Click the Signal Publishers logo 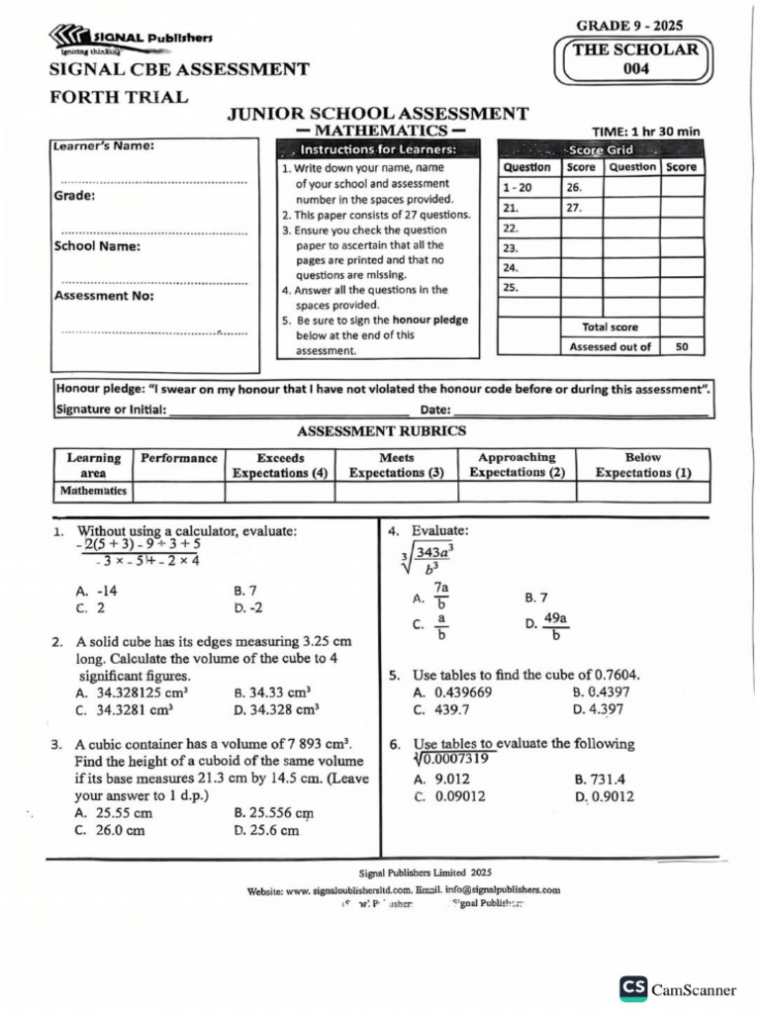[130, 41]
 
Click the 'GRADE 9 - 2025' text [628, 26]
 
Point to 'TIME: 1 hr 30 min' [645, 131]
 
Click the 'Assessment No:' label [104, 296]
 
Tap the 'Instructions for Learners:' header [378, 149]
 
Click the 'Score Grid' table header [603, 149]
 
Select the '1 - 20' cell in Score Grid [518, 188]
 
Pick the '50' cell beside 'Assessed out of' [681, 346]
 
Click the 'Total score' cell [611, 326]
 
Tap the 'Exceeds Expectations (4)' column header [280, 465]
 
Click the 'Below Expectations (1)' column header [643, 465]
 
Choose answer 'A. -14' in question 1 [97, 591]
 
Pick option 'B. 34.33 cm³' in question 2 [272, 692]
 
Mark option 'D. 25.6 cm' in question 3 [266, 831]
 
